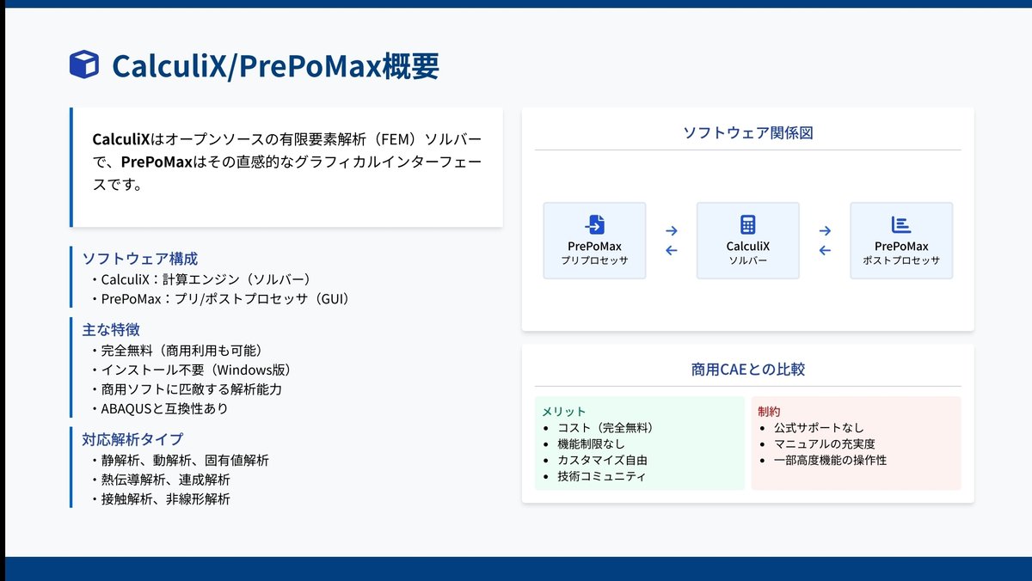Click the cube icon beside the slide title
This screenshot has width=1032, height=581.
point(83,64)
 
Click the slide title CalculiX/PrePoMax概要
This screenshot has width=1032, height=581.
point(275,65)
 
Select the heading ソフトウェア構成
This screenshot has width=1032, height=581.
point(139,259)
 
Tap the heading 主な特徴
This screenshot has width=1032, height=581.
point(111,329)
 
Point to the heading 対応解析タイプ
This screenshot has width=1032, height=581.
point(132,439)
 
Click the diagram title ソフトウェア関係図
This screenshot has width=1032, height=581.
point(747,133)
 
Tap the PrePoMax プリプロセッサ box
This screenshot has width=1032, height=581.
point(594,241)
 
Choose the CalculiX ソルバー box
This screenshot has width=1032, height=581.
point(747,241)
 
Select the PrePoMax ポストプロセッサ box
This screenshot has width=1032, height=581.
point(901,241)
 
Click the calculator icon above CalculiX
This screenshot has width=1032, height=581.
point(747,225)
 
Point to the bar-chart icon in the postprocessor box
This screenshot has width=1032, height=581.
point(901,225)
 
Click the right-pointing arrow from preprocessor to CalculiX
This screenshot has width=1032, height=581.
point(672,230)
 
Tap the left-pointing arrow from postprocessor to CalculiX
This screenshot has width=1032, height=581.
point(825,251)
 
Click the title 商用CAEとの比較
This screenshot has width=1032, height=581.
point(747,370)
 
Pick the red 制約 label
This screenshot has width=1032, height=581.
point(769,412)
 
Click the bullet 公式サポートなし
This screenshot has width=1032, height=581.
point(819,427)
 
